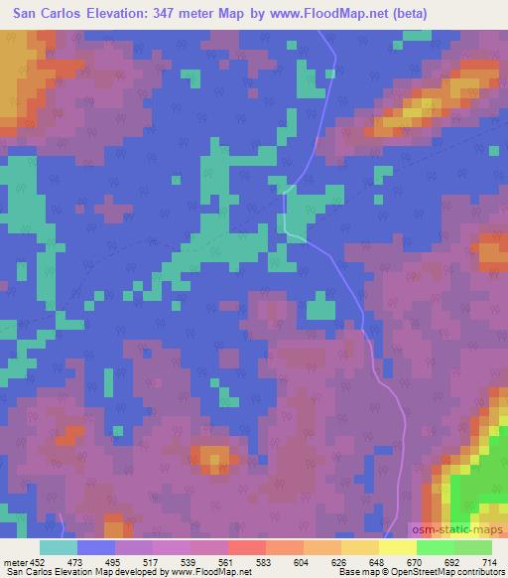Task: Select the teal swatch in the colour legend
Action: click(59, 547)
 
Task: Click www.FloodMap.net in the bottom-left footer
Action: click(209, 572)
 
